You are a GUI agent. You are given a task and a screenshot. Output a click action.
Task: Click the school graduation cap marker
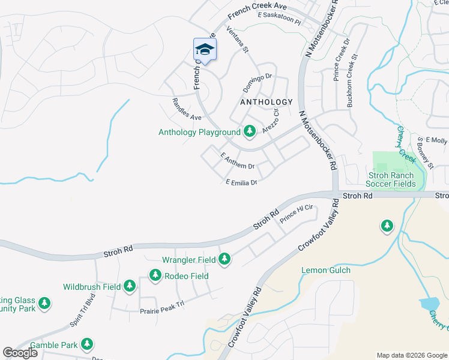204,50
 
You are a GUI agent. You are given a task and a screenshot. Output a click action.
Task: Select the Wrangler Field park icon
224,259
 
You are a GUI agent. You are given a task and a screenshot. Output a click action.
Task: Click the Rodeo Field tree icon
155,275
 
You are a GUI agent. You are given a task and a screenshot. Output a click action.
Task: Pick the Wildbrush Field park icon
130,287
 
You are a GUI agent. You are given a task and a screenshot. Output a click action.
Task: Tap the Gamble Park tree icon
88,344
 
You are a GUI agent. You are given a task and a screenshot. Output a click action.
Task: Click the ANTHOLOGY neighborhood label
266,103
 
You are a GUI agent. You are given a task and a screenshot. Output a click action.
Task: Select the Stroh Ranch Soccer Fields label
391,179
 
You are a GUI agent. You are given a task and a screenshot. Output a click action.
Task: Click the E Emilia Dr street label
241,182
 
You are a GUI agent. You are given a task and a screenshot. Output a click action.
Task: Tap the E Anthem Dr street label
238,160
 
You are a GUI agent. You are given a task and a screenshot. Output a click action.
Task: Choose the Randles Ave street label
186,109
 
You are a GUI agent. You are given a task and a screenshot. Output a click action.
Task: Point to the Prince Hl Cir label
297,212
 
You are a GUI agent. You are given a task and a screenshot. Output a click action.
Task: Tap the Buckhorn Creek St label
354,81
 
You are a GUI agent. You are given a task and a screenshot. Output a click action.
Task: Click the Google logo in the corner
20,353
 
